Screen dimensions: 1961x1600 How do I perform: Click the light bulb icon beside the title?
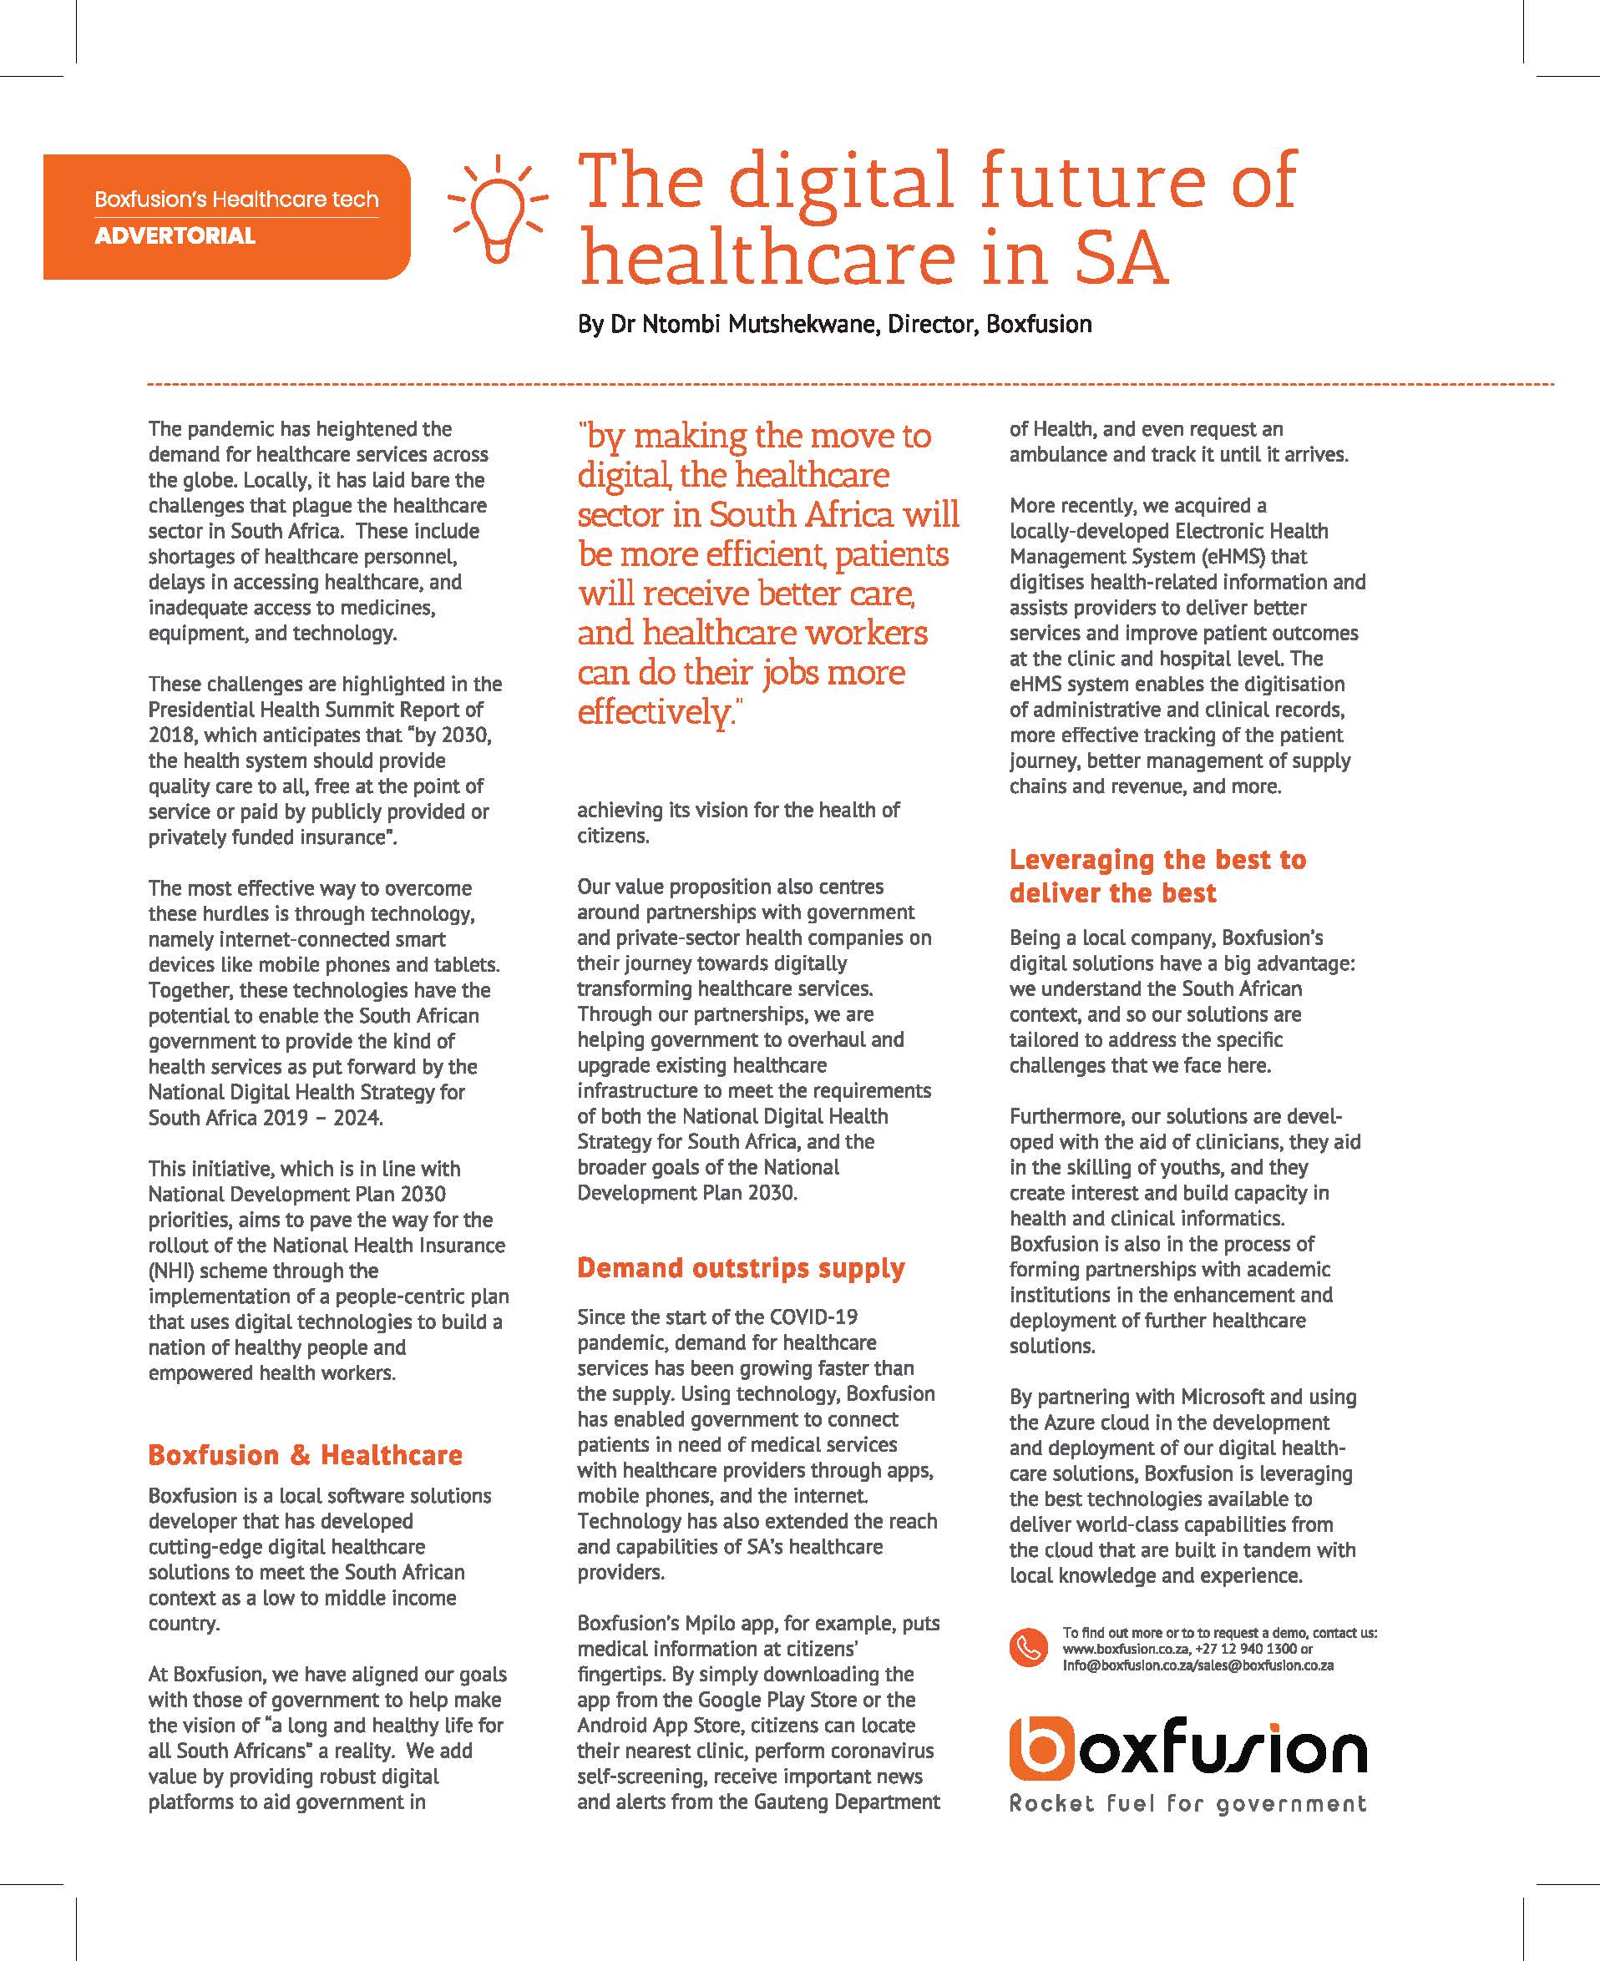tap(497, 211)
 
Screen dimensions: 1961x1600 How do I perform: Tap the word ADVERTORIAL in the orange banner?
tap(175, 236)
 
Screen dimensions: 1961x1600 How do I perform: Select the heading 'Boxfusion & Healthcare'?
tap(305, 1455)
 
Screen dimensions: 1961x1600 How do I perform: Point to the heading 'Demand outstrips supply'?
tap(741, 1268)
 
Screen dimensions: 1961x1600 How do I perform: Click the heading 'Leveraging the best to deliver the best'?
tap(1157, 876)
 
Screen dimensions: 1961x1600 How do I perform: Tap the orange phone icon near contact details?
tap(1028, 1649)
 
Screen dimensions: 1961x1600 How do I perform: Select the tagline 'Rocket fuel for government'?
tap(1187, 1803)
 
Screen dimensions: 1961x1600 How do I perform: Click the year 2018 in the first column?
tap(171, 735)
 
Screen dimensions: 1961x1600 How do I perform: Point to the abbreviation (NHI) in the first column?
tap(170, 1271)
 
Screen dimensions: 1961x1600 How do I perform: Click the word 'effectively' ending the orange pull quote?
tap(655, 712)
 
